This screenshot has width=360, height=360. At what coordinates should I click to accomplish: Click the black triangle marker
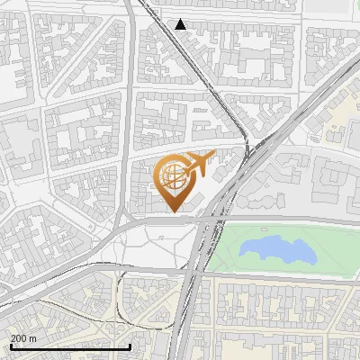tap(181, 24)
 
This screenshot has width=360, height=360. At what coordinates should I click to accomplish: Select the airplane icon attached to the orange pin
tap(199, 164)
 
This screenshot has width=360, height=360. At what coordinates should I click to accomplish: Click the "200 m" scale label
tap(23, 338)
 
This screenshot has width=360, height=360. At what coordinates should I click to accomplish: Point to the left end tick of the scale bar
tap(11, 345)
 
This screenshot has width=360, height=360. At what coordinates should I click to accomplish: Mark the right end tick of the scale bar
tap(130, 345)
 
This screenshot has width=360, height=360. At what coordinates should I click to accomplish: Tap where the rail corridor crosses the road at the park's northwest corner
tap(213, 219)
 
